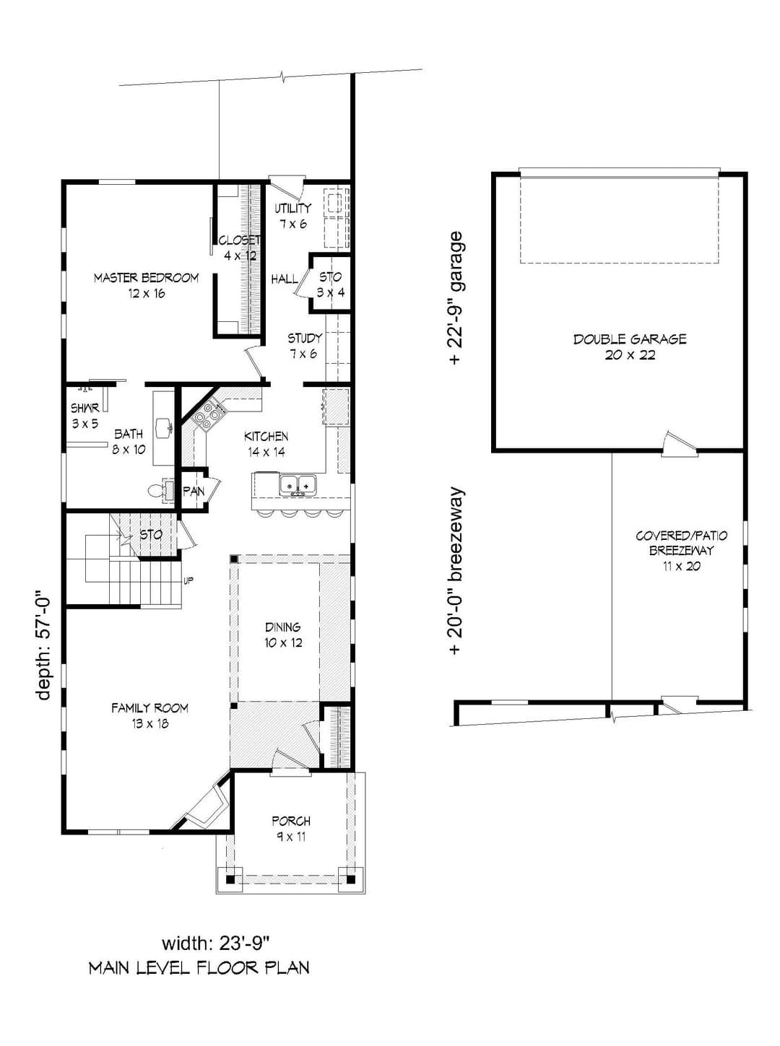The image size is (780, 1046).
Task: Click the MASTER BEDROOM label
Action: (146, 285)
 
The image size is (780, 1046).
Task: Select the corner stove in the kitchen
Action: (208, 416)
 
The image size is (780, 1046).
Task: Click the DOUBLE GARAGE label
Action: (630, 347)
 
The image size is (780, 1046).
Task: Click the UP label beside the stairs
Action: (188, 581)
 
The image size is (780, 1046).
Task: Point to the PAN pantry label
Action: (194, 492)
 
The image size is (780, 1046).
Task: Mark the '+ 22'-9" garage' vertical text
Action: (455, 298)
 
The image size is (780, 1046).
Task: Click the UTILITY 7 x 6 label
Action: (292, 215)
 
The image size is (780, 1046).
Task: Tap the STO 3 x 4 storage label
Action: (330, 284)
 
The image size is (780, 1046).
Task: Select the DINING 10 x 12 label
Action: (283, 635)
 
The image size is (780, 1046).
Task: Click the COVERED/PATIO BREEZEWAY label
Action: (681, 550)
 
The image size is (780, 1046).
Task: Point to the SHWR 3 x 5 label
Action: (85, 415)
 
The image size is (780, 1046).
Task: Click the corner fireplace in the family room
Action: (208, 805)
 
